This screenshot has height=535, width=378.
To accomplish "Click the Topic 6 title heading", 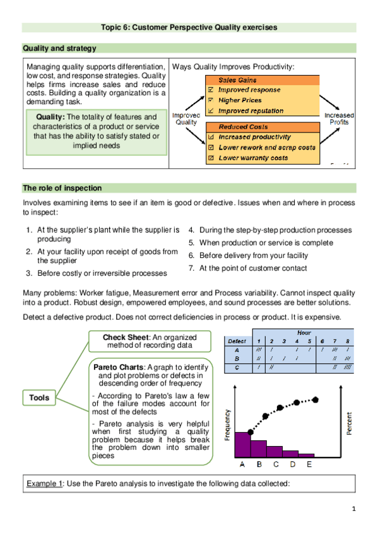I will (x=189, y=27).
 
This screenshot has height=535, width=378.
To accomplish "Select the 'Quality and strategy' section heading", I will (x=59, y=49).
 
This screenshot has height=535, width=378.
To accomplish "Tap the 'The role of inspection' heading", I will (x=62, y=188).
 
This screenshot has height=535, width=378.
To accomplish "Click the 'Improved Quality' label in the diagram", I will (x=186, y=119).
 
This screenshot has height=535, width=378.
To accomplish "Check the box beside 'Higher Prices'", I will (x=211, y=100).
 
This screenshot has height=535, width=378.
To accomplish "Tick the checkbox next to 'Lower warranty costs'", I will (x=211, y=157).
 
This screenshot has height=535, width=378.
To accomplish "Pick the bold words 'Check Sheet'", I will (x=125, y=337).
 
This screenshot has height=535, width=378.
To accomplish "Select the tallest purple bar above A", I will (x=242, y=444).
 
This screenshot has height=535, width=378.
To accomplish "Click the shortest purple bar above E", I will (x=306, y=454).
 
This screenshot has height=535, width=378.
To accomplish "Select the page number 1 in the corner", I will (x=354, y=509).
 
